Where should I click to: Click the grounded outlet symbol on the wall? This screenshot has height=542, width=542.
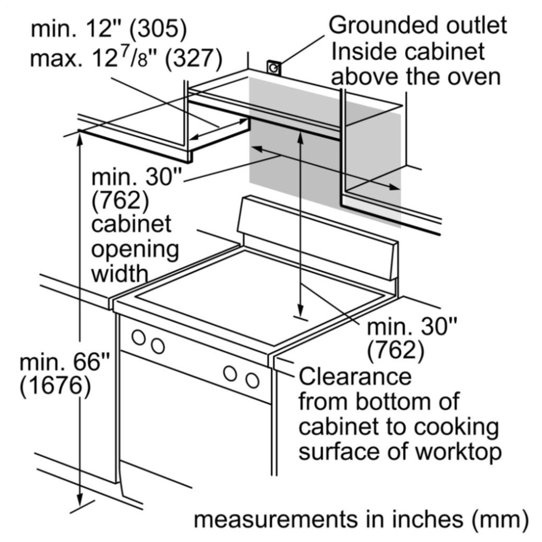[x=273, y=67]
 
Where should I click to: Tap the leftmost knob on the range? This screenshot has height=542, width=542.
[x=139, y=337]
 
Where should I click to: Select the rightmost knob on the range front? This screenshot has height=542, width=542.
[x=253, y=380]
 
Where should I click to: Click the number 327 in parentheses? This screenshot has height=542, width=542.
[x=193, y=58]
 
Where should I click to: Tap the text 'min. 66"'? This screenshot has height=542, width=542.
[x=64, y=362]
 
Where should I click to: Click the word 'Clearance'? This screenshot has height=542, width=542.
[x=355, y=376]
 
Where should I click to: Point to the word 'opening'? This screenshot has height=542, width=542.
[x=135, y=249]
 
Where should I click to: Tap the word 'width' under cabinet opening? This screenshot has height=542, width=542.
[x=120, y=273]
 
